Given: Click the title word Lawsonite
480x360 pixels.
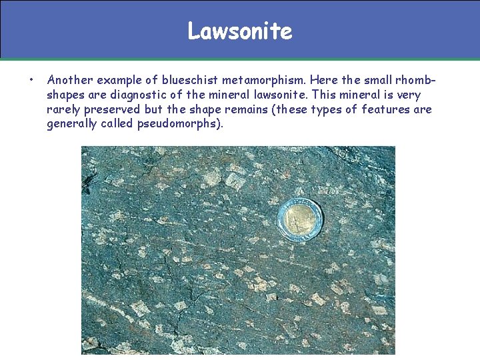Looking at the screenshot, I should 240,31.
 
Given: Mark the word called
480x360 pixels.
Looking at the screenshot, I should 117,124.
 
